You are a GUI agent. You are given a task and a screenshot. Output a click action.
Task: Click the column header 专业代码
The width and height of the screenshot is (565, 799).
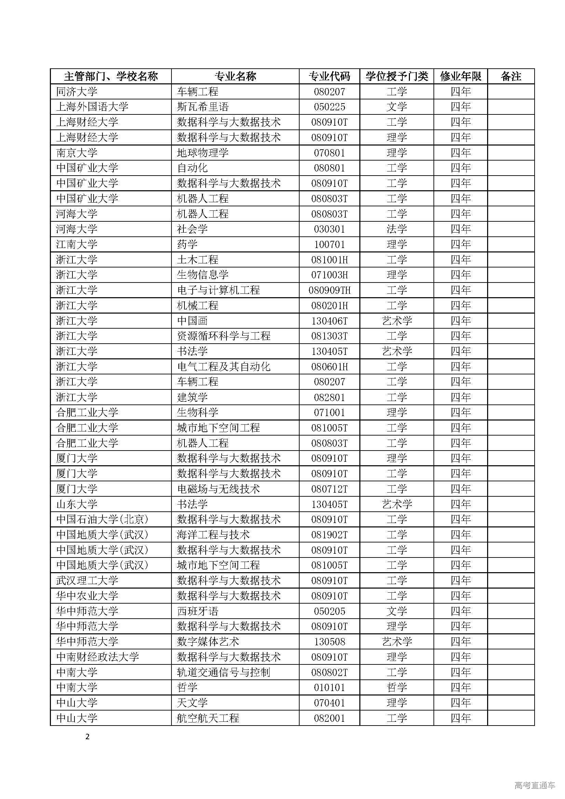329,76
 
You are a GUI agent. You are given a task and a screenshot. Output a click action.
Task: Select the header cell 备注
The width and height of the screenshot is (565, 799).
511,76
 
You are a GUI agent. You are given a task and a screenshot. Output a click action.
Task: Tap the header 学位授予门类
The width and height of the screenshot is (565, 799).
397,76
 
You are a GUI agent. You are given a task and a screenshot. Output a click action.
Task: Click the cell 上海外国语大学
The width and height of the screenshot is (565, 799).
92,107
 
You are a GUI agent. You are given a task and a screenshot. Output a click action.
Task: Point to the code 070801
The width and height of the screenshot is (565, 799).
329,153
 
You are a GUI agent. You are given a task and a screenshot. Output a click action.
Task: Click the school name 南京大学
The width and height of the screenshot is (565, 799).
77,153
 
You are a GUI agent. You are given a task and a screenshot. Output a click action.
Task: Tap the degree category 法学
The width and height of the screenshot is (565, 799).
397,229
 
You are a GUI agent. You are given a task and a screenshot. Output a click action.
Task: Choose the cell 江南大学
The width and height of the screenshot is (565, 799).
77,244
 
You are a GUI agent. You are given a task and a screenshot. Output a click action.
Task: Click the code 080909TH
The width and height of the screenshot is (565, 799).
329,290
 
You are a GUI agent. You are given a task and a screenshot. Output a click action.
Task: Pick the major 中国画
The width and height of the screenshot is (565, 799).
192,321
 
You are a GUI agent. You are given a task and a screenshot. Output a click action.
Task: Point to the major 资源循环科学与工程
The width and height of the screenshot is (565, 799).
223,336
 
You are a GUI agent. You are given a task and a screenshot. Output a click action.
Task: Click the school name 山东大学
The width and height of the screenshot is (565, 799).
77,504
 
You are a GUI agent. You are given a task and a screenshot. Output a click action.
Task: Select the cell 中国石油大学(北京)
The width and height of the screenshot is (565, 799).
102,519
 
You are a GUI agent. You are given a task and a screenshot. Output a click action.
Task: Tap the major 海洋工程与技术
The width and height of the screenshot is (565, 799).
213,535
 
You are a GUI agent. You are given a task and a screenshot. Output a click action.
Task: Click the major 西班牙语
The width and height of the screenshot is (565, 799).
197,611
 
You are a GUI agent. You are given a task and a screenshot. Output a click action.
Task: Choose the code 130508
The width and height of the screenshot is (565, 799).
329,642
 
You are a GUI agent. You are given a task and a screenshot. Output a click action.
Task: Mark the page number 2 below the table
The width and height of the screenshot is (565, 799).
87,737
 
